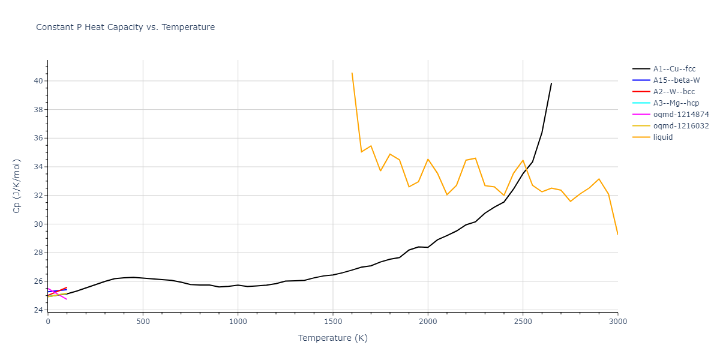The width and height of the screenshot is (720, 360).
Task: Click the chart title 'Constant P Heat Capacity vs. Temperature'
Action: coord(125,27)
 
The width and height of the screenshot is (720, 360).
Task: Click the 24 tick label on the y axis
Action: coord(38,310)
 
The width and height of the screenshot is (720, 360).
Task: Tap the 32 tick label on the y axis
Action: coord(38,196)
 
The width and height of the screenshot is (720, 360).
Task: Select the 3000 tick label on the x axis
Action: coord(618,322)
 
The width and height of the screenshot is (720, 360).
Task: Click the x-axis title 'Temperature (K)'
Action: coord(332,338)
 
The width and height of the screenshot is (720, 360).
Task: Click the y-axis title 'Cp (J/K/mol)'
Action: coord(16,185)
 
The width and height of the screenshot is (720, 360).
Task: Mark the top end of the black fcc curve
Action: coord(551,83)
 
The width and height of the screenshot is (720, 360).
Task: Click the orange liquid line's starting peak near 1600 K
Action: coord(352,73)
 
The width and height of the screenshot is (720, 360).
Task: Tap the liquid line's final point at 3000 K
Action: coord(617,234)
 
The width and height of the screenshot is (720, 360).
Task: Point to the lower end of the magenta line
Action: coord(67,299)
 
